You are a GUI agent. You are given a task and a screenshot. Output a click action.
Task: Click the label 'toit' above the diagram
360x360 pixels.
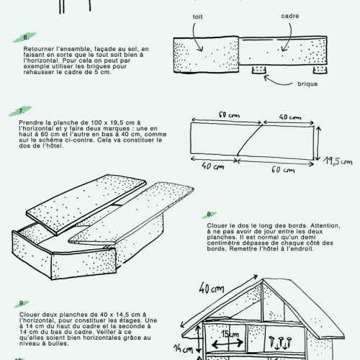tap(197, 17)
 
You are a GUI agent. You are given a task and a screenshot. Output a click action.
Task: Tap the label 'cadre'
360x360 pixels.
tap(290, 16)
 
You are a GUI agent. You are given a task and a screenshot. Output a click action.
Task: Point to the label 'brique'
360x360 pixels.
tap(307, 84)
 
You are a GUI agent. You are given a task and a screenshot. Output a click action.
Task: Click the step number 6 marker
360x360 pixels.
tap(26, 37)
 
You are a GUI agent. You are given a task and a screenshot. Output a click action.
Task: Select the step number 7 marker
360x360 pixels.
tap(22, 111)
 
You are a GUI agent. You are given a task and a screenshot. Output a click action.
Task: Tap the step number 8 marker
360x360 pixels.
tap(210, 215)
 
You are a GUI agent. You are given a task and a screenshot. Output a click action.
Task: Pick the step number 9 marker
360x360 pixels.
tap(22, 303)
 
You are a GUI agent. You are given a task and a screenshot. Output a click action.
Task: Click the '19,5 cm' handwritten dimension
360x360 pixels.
tap(338, 161)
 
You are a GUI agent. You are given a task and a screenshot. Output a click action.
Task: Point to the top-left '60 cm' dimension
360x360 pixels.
tap(229, 115)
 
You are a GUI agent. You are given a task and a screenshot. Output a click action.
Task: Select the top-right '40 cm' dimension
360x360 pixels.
tap(290, 117)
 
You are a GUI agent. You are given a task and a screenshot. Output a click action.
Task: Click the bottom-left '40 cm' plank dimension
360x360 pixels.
tap(212, 166)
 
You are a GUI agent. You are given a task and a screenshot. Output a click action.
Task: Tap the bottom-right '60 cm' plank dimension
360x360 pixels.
tap(283, 170)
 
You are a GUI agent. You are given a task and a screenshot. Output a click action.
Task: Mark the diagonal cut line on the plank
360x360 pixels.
tap(250, 140)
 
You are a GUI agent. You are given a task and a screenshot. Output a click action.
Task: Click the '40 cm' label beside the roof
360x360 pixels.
tap(212, 288)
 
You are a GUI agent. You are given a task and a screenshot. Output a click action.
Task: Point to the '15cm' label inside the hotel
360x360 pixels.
tap(230, 334)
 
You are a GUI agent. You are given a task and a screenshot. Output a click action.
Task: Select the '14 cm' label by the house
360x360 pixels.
tap(184, 348)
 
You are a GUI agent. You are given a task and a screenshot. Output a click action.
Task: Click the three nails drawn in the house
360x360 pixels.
tap(280, 342)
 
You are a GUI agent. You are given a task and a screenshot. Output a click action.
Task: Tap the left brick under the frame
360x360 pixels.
tap(258, 70)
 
